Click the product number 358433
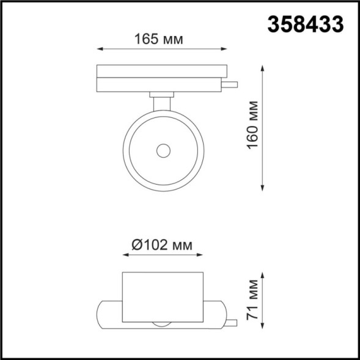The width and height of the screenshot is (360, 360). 306,24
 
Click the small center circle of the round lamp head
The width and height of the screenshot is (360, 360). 163,150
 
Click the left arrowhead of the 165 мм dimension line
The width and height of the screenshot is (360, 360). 100,50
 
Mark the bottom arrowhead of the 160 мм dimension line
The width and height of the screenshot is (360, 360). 263,186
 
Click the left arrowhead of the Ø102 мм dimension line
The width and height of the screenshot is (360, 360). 125,257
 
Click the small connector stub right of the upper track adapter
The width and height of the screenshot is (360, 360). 231,84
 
